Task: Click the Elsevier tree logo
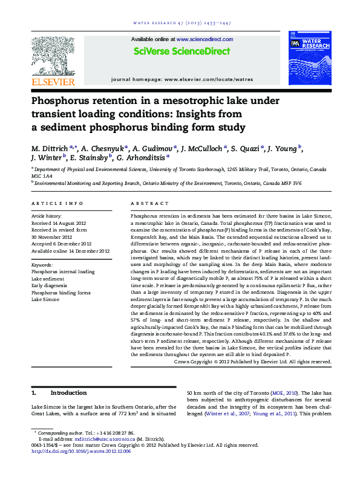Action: point(54,56)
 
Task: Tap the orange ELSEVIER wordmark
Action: point(54,82)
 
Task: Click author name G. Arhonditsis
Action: point(143,157)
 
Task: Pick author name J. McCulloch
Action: point(201,147)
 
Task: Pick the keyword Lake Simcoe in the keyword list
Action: point(45,299)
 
